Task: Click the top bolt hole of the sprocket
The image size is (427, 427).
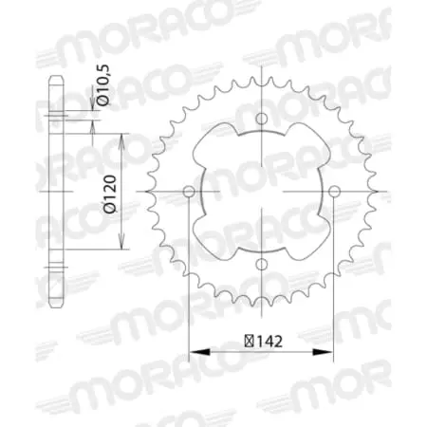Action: tap(262, 119)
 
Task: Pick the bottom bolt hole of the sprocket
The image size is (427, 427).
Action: tap(262, 267)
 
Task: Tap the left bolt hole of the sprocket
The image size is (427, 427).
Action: tap(188, 193)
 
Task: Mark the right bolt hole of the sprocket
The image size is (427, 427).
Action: tap(335, 193)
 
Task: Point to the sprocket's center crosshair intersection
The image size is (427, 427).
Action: tap(262, 193)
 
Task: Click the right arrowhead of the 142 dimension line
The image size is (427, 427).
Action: tap(330, 353)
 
